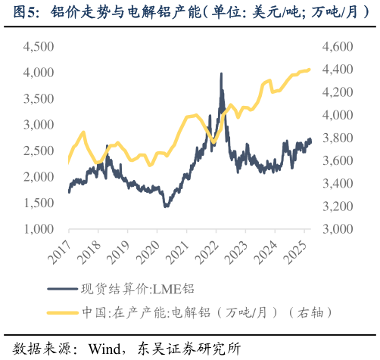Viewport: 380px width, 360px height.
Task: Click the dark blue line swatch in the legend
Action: tap(61, 288)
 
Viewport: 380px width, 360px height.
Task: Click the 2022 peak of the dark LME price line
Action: tap(221, 73)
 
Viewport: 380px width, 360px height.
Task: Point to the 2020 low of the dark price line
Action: tap(166, 206)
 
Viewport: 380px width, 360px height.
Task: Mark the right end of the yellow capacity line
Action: tap(309, 70)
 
